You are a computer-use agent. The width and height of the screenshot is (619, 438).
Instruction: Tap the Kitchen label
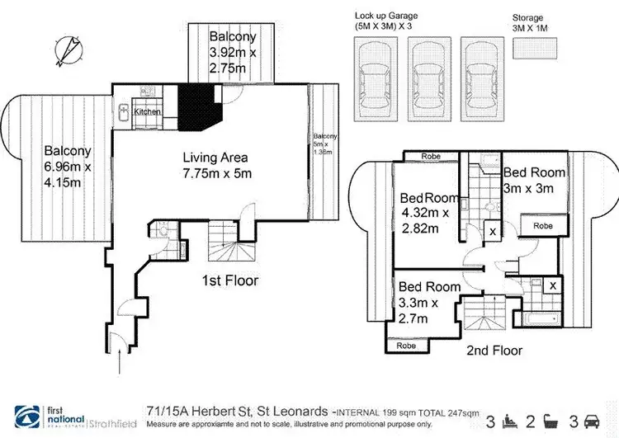tap(147, 111)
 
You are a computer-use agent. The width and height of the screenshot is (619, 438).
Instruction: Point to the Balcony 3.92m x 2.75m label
tap(233, 52)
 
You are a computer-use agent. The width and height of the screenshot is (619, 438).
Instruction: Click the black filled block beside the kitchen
tap(201, 103)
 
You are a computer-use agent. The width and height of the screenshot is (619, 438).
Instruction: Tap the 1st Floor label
tap(231, 280)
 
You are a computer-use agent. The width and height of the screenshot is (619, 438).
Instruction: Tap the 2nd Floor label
tap(495, 350)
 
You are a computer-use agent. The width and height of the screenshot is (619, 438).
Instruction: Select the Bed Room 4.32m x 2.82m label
tap(428, 212)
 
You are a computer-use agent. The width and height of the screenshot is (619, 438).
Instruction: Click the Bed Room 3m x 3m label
tap(534, 180)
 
